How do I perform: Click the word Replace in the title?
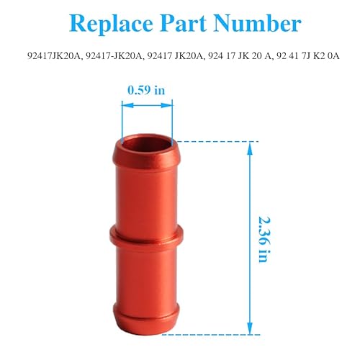[x=107, y=24]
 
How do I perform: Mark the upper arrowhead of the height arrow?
[x=250, y=145]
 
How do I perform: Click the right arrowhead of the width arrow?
[x=174, y=104]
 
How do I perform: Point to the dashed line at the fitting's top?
[x=216, y=141]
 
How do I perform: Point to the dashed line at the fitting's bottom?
[x=216, y=334]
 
